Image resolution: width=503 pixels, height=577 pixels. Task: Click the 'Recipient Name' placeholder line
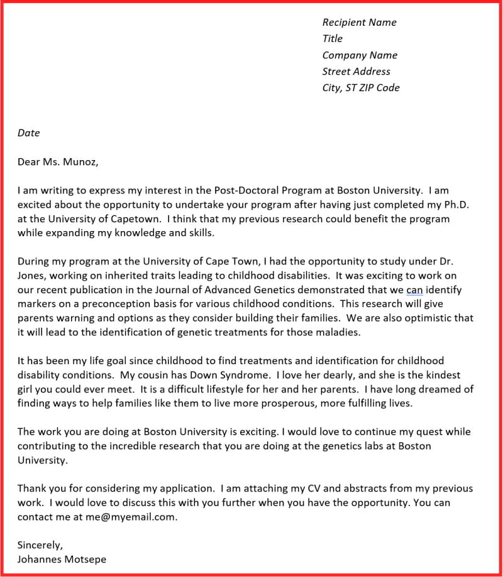tap(359, 23)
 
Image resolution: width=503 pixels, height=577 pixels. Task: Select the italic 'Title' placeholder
tap(332, 39)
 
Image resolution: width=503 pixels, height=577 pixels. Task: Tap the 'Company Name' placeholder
tap(360, 55)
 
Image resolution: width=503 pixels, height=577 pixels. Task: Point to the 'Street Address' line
tap(356, 72)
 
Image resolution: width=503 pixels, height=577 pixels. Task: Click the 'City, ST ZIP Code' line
tap(361, 88)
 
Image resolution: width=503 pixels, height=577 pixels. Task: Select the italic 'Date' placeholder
tap(28, 133)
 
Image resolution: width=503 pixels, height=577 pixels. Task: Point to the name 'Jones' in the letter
tap(32, 275)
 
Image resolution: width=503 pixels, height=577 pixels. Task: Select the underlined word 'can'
tap(414, 289)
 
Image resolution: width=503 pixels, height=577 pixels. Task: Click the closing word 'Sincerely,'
tap(40, 545)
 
